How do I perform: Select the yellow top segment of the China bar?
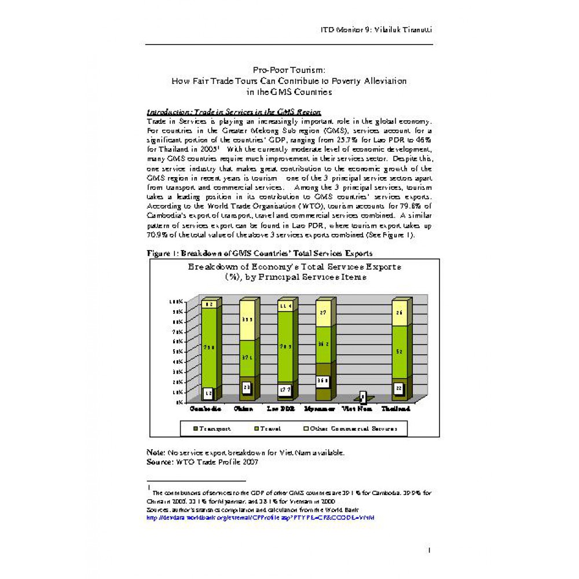(247, 320)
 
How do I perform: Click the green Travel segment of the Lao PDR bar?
(284, 347)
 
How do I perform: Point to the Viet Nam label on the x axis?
(361, 408)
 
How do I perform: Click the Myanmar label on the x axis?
(323, 408)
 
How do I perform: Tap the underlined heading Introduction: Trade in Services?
(234, 112)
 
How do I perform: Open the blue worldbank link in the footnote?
(261, 517)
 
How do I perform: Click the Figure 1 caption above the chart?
(259, 253)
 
